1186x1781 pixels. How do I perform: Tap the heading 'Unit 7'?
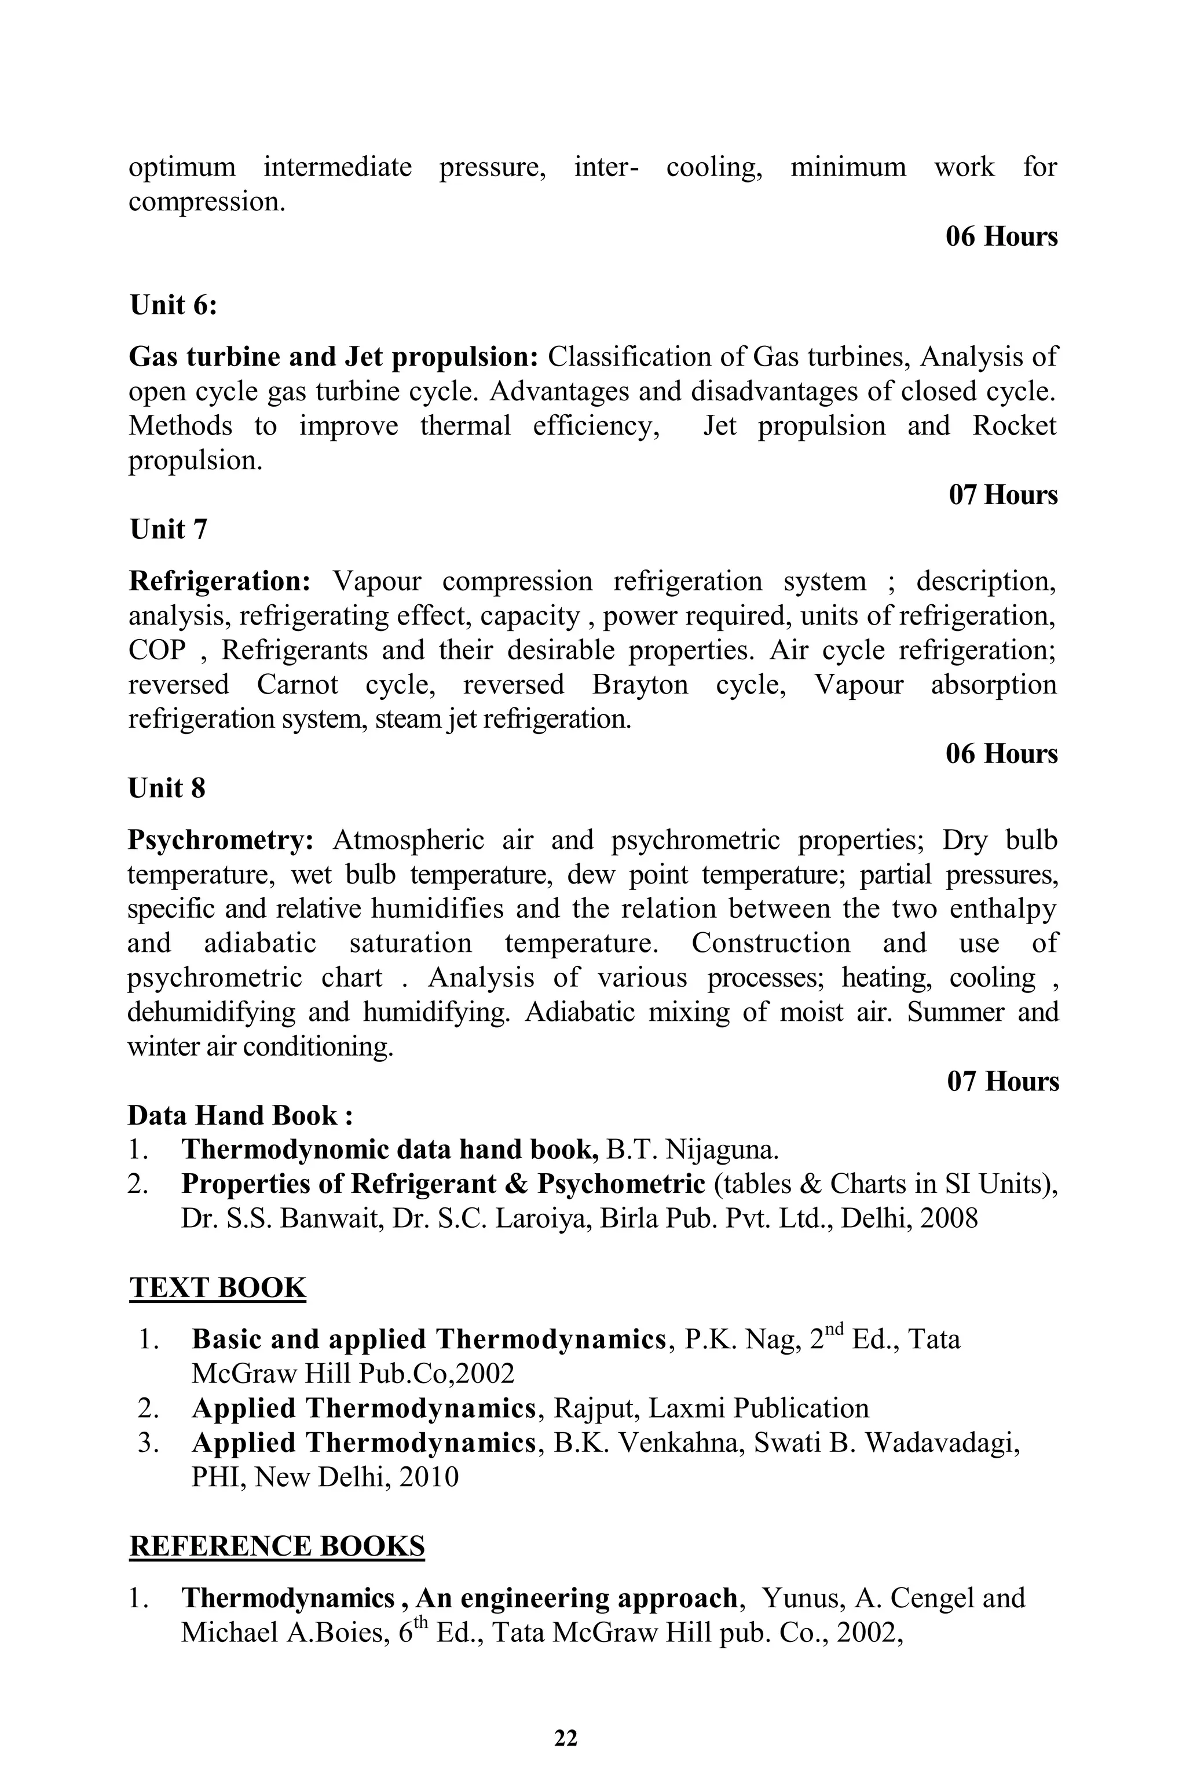click(168, 530)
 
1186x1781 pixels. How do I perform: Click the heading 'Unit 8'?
click(166, 789)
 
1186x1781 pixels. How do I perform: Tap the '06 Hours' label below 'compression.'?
click(1001, 237)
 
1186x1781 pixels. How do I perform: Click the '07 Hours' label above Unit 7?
click(1003, 495)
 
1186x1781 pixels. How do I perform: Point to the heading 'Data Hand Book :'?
click(240, 1115)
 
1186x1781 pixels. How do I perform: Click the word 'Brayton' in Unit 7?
click(640, 685)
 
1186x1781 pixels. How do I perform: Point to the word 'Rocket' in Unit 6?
click(1013, 426)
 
